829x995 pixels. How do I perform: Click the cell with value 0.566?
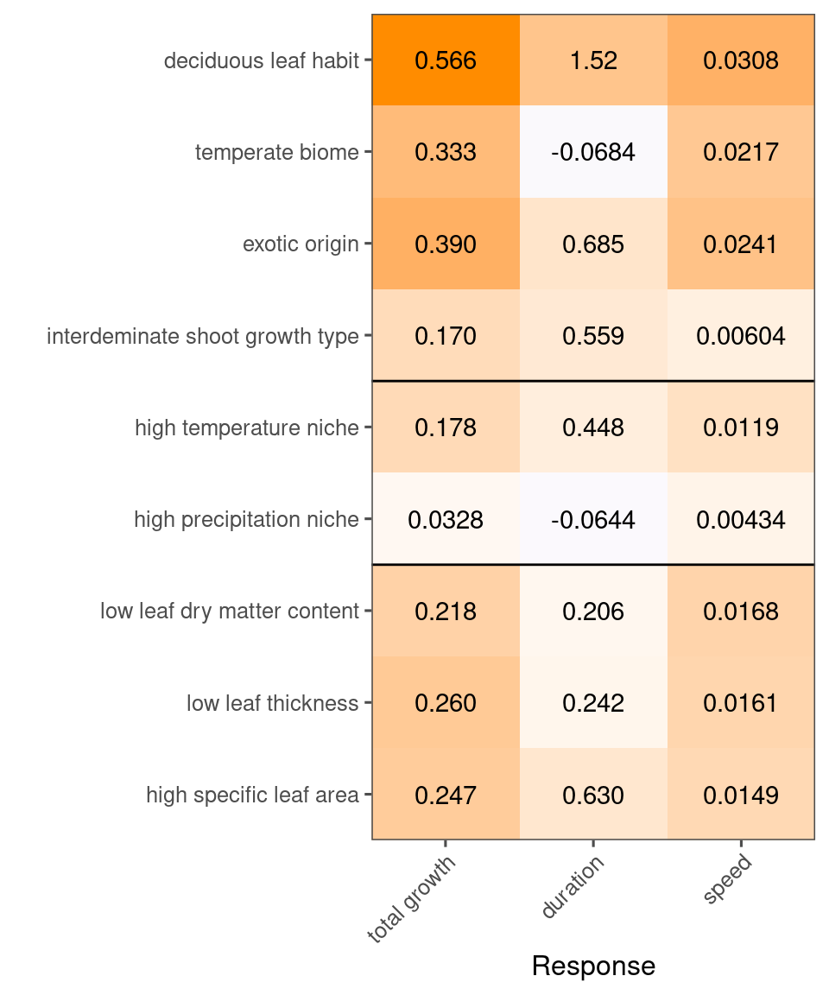[446, 60]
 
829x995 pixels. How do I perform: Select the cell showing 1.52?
[593, 60]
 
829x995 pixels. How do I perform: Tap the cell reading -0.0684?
[593, 153]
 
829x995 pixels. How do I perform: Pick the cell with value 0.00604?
[741, 336]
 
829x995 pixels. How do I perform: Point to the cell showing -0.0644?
[593, 520]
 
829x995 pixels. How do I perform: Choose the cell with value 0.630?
[593, 795]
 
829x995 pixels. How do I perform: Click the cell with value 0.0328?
[446, 520]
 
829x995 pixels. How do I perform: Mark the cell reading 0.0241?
[741, 244]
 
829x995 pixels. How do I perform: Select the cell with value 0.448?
[593, 428]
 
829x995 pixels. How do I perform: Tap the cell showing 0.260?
[446, 703]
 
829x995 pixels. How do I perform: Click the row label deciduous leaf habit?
[261, 61]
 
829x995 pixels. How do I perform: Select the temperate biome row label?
[276, 153]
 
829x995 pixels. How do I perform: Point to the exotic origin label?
[301, 244]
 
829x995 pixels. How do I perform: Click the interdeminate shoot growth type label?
[203, 336]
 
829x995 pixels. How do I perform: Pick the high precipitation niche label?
[246, 520]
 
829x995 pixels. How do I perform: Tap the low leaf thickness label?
[272, 703]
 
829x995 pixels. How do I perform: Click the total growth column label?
[412, 900]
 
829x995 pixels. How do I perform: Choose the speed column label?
[727, 880]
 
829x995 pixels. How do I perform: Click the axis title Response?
[593, 966]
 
